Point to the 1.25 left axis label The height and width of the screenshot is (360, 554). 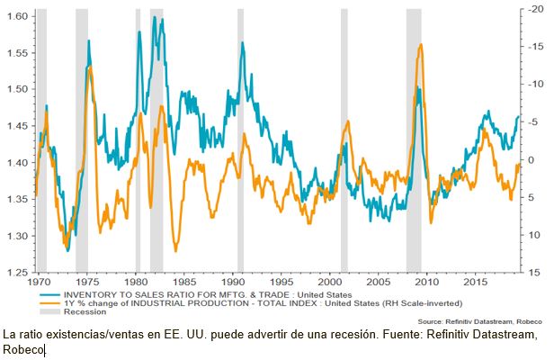15,272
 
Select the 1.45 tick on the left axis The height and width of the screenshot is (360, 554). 15,126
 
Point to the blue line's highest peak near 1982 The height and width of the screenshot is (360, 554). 156,18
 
